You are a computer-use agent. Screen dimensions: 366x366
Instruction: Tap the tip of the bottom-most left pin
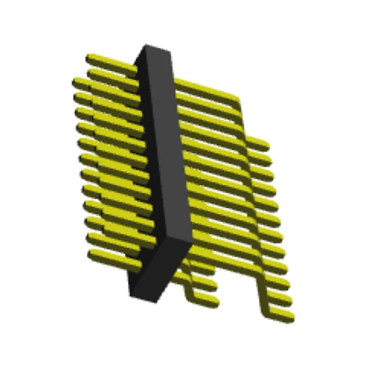coord(91,254)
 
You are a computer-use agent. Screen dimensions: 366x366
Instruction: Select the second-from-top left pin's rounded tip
coord(91,73)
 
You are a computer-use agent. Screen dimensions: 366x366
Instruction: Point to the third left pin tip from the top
coord(76,81)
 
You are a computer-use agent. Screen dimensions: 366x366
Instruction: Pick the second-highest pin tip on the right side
coord(267,160)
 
